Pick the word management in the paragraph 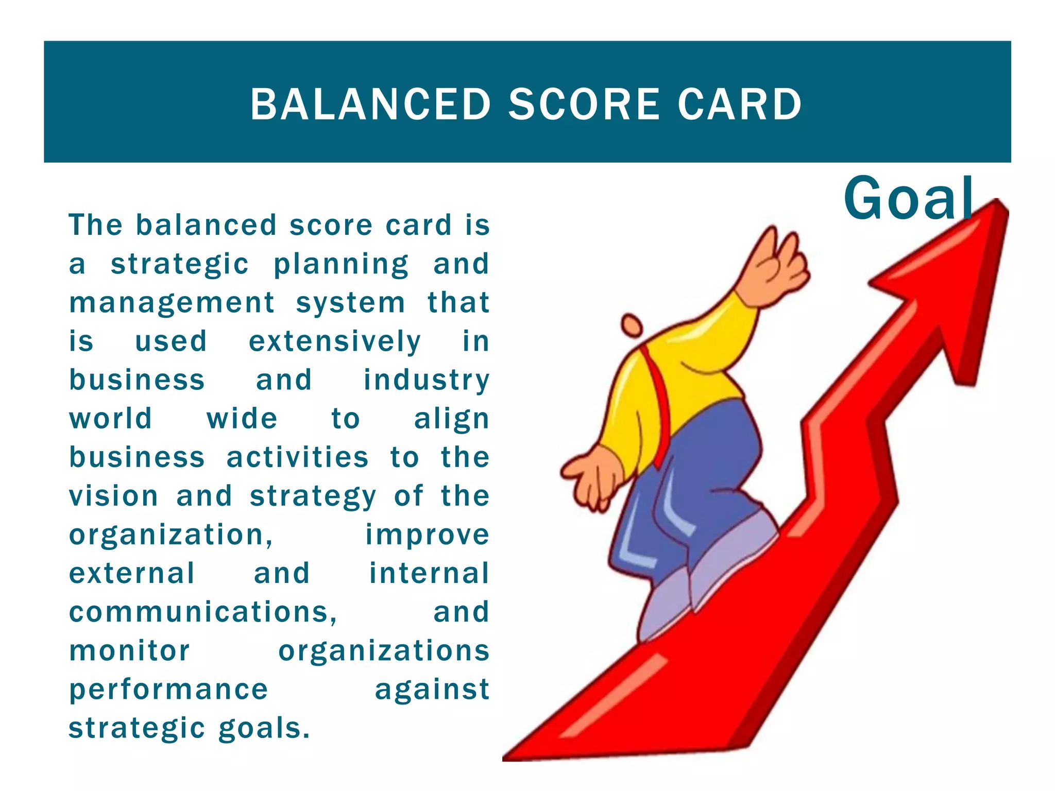[172, 303]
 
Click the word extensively [335, 341]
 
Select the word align [452, 419]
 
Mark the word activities [298, 457]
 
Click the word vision [114, 496]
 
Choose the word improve [427, 535]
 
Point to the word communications [203, 612]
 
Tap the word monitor [130, 650]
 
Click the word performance [169, 690]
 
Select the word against [432, 690]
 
